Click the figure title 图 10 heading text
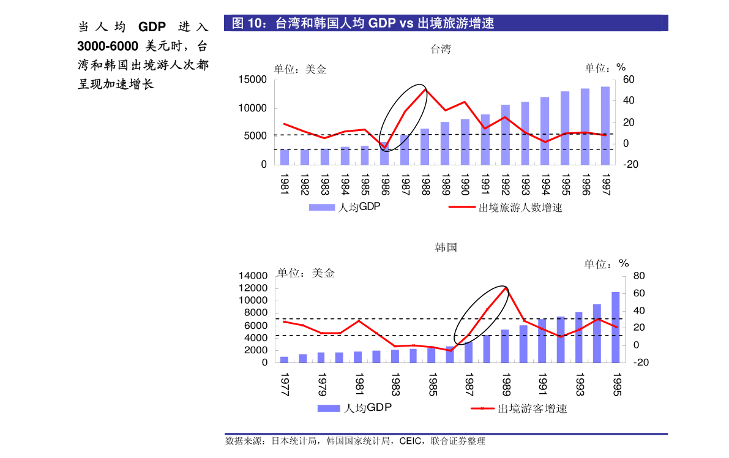coord(363,23)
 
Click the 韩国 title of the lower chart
coord(446,248)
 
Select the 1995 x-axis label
coord(616,384)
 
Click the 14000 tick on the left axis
coord(253,276)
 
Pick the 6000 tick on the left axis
coord(256,325)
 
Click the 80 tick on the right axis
coord(639,276)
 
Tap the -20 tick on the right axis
coord(641,362)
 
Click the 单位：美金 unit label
coord(306,273)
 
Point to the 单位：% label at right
coord(605,264)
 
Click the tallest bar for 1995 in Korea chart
coord(616,328)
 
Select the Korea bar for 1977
coord(284,359)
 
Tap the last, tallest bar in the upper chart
coord(605,126)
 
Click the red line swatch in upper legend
coord(462,207)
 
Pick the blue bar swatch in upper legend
coord(321,207)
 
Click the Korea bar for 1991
coord(542,340)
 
